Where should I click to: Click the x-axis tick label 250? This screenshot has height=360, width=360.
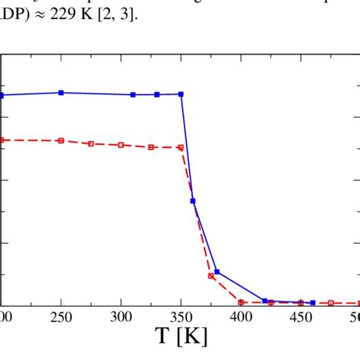(61, 314)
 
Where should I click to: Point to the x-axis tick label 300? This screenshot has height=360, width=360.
(121, 314)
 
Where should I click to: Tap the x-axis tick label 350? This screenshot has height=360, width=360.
(181, 314)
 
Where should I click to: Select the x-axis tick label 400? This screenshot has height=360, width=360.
(241, 314)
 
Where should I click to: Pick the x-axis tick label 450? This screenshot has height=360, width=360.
(301, 314)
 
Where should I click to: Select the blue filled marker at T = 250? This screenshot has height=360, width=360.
(61, 93)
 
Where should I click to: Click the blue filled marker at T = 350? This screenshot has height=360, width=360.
(181, 94)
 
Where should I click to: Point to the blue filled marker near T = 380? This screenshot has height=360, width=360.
(217, 272)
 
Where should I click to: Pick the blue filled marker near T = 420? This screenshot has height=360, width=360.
(265, 301)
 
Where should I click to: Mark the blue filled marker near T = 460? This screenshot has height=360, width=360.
(313, 302)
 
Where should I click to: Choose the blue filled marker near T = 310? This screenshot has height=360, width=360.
(133, 95)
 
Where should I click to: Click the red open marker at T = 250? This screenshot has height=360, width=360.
(61, 141)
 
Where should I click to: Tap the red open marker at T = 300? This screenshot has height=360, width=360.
(121, 144)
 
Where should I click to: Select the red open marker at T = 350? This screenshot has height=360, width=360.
(181, 147)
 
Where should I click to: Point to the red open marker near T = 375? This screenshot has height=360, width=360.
(211, 276)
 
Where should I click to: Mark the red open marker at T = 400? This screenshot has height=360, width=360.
(241, 302)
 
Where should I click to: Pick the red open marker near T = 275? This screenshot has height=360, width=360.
(91, 144)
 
